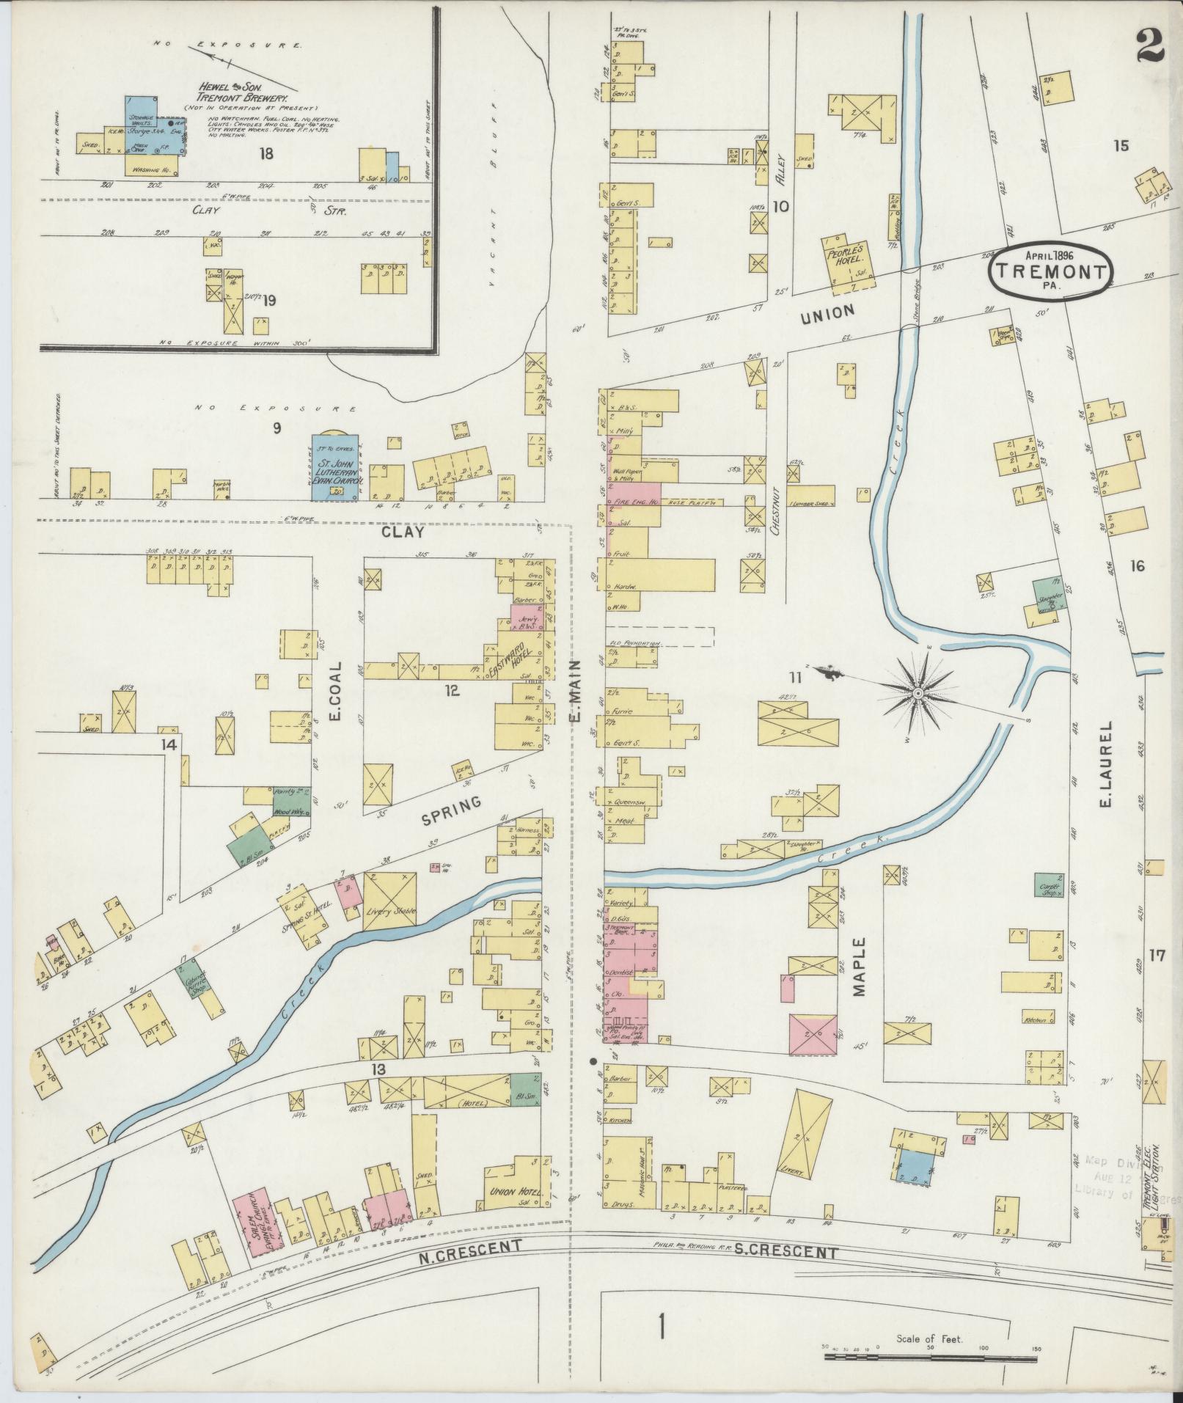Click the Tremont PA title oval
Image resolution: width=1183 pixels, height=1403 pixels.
click(1051, 272)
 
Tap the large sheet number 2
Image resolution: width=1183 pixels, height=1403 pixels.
click(1149, 47)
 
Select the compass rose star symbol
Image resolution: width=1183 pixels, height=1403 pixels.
click(918, 692)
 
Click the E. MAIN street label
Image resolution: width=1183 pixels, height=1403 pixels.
click(575, 690)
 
